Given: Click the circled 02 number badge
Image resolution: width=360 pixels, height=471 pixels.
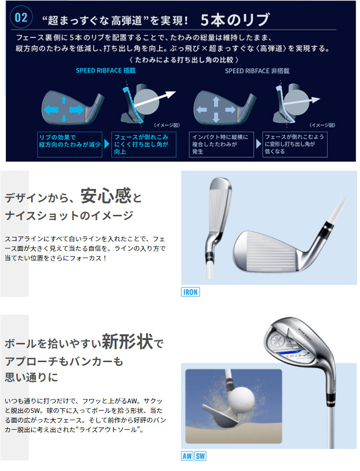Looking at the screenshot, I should tap(21, 18).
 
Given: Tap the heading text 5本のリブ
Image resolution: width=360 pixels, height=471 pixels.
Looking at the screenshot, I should tap(235, 19).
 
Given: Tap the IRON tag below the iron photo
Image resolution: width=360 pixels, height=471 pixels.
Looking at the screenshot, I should tap(190, 292).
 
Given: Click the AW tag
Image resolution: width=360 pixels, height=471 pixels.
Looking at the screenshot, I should tap(187, 456).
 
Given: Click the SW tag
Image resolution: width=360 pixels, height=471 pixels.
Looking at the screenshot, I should tap(200, 456).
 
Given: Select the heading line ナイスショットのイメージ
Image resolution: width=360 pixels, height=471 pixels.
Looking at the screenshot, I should tap(69, 216).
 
